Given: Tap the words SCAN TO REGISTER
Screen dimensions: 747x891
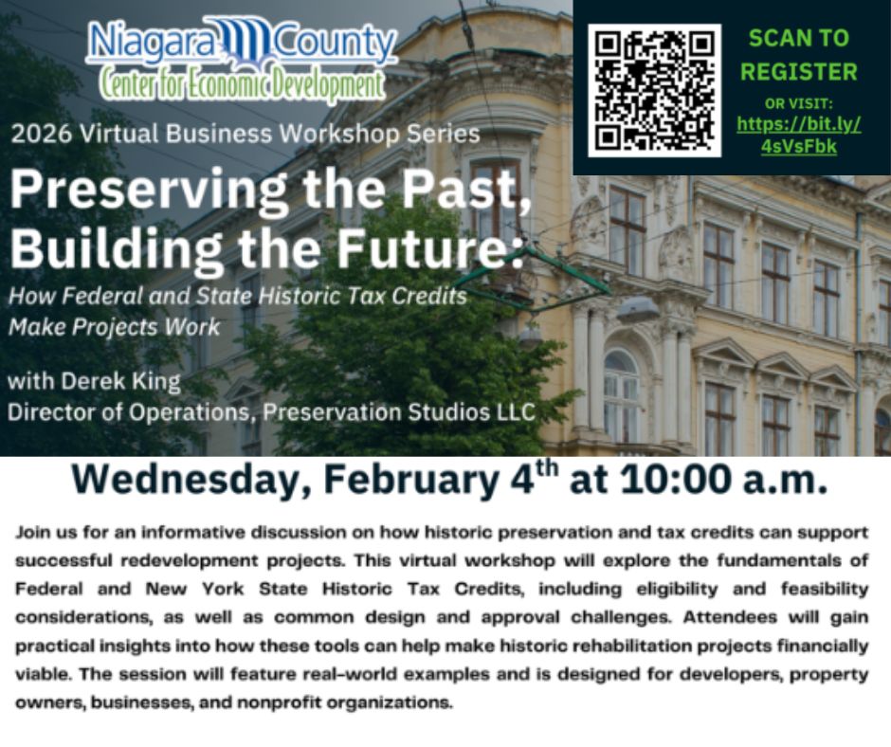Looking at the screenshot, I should coord(799,55).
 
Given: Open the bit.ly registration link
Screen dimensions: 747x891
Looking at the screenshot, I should coord(799,135).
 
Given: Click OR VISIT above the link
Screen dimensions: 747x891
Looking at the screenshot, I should coord(799,102).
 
